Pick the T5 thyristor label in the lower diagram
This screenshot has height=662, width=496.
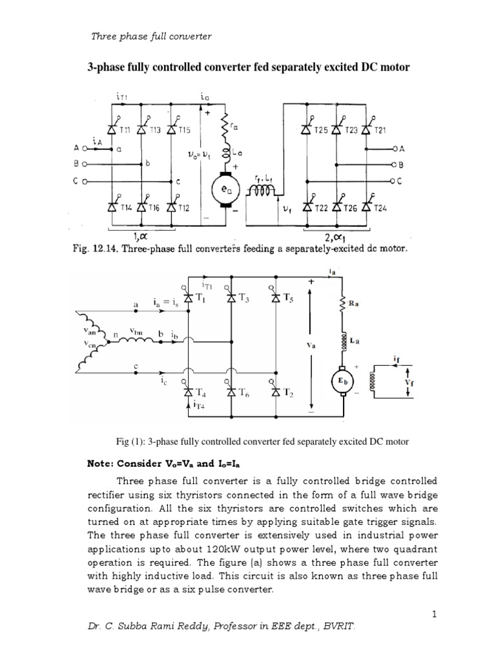tap(296, 299)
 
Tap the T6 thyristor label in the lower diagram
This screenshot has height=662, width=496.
tap(248, 394)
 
